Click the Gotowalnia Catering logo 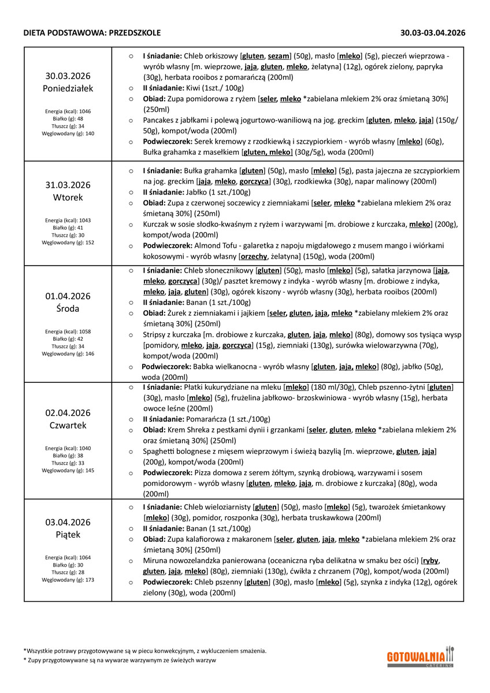420,658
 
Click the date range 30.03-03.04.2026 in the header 433,33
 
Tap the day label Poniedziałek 68,88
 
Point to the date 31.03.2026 68,185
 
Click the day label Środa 68,308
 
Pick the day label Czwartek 68,425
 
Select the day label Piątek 68,534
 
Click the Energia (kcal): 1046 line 68,111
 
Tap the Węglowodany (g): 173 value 68,579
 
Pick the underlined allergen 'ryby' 430,560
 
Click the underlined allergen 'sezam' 279,56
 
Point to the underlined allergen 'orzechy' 255,256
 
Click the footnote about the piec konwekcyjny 145,650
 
